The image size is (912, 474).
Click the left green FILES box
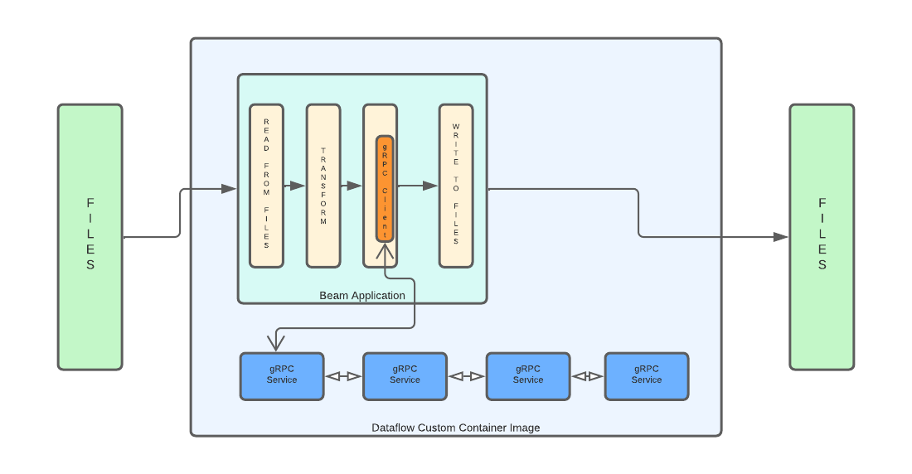[x=90, y=236]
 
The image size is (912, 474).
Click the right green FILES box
[x=821, y=236]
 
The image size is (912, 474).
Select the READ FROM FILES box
[x=266, y=186]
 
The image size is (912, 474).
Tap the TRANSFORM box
[x=323, y=186]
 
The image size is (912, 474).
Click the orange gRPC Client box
[x=385, y=188]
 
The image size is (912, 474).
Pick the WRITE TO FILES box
[x=456, y=186]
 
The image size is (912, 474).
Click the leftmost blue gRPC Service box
[x=282, y=376]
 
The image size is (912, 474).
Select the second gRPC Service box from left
[x=405, y=376]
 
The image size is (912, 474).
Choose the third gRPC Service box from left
[x=527, y=376]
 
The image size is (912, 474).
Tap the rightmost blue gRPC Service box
[x=646, y=376]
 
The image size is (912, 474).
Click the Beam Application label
[x=362, y=296]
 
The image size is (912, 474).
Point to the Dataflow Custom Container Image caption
[x=455, y=428]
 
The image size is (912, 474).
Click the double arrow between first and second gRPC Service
[x=343, y=376]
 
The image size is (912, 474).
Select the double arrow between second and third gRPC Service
[x=466, y=376]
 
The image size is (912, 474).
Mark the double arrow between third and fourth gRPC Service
[x=587, y=376]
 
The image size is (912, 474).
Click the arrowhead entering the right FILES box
[x=780, y=237]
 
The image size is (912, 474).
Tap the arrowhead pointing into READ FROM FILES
[x=229, y=189]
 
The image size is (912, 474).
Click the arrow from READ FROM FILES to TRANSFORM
[x=295, y=186]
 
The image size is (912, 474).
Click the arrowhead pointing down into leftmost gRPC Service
[x=275, y=343]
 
